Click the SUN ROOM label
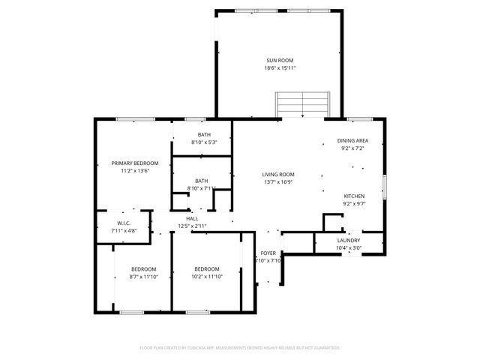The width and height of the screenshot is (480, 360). [279, 60]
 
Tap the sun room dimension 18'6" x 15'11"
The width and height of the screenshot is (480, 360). [279, 68]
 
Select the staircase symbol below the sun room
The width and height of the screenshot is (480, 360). [302, 104]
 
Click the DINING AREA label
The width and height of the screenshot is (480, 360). [352, 141]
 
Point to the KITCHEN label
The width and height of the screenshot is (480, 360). [353, 195]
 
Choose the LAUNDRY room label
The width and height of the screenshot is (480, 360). [349, 240]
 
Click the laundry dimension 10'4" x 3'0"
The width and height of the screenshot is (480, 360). [349, 247]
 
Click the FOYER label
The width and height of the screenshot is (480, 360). [268, 253]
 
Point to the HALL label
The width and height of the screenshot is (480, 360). [192, 218]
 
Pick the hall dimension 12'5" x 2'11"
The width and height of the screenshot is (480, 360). [192, 226]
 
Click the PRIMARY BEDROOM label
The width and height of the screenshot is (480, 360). [135, 163]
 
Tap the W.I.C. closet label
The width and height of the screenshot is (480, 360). [124, 223]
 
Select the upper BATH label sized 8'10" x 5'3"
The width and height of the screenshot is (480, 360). [204, 134]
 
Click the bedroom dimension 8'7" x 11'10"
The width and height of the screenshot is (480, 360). [143, 277]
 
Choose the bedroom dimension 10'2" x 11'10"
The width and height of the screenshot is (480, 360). [207, 277]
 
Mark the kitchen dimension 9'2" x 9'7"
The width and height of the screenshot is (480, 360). [353, 203]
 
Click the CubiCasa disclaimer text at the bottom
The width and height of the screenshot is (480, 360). [240, 348]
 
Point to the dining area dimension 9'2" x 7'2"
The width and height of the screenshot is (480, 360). [352, 149]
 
